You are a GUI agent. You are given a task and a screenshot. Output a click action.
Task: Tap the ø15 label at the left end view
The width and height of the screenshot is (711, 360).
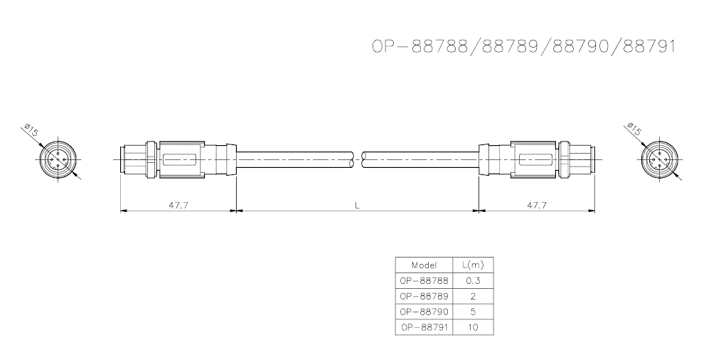pyautogui.click(x=31, y=131)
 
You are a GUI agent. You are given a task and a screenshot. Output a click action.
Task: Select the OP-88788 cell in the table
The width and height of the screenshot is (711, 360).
pyautogui.click(x=422, y=280)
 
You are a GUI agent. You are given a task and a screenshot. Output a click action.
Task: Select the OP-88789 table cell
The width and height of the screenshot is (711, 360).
pyautogui.click(x=422, y=296)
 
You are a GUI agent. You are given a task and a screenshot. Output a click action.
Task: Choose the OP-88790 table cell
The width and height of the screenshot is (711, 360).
pyautogui.click(x=422, y=312)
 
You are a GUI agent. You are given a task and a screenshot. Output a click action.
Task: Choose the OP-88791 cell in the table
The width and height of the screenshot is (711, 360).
pyautogui.click(x=422, y=327)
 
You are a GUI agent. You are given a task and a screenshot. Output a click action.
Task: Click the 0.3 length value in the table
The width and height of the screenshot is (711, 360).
pyautogui.click(x=473, y=280)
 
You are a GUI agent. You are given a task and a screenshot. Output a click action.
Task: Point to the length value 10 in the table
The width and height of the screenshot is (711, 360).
pyautogui.click(x=473, y=327)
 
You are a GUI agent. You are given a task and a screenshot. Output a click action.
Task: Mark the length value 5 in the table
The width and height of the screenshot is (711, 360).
pyautogui.click(x=473, y=312)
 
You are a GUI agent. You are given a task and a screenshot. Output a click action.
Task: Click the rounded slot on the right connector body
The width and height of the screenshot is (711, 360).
pyautogui.click(x=535, y=159)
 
